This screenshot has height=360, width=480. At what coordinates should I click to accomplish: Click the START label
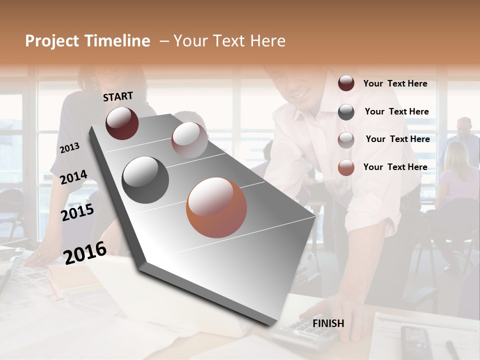tap(118, 96)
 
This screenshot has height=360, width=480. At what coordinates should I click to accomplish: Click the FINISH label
tap(328, 323)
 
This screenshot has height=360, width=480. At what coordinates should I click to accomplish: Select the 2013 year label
tap(70, 147)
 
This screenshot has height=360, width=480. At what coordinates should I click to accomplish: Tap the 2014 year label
tap(73, 177)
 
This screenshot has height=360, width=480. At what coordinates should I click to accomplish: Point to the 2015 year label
tap(77, 212)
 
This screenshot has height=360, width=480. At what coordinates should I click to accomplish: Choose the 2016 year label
tap(85, 252)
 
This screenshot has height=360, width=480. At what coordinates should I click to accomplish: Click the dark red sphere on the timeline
tap(122, 123)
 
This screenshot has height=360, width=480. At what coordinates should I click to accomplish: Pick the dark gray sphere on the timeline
tap(145, 179)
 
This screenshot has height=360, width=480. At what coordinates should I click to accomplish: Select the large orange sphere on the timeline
tap(216, 207)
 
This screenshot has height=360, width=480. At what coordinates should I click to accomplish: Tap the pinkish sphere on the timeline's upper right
tap(189, 139)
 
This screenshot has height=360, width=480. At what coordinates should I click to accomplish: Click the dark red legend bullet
tap(346, 83)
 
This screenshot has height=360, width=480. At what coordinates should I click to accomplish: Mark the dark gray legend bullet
tap(346, 112)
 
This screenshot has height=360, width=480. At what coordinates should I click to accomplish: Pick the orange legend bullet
tap(346, 167)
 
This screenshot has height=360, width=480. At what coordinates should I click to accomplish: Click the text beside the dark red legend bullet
tap(395, 83)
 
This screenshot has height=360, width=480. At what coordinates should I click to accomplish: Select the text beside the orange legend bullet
tap(395, 167)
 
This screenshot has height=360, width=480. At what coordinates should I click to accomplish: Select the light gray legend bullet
tap(346, 140)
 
